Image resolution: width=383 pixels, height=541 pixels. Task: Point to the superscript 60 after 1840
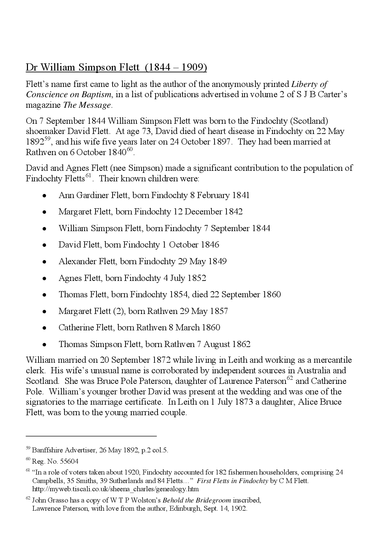130,150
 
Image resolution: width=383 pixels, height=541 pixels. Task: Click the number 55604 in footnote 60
69,462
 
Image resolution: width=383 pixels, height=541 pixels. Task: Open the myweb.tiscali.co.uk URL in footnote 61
115,489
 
